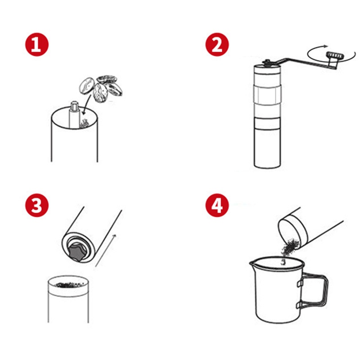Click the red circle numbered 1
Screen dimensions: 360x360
37,44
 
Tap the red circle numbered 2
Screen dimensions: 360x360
217,44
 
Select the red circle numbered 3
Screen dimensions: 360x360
37,205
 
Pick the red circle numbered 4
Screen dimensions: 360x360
217,205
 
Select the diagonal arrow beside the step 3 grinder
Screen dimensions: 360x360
106,251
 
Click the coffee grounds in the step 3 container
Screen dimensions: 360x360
68,285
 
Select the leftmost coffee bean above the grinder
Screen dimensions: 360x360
86,86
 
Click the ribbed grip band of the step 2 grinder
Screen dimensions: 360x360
267,95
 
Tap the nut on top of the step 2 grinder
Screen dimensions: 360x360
266,62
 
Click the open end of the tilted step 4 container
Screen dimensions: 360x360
292,234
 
